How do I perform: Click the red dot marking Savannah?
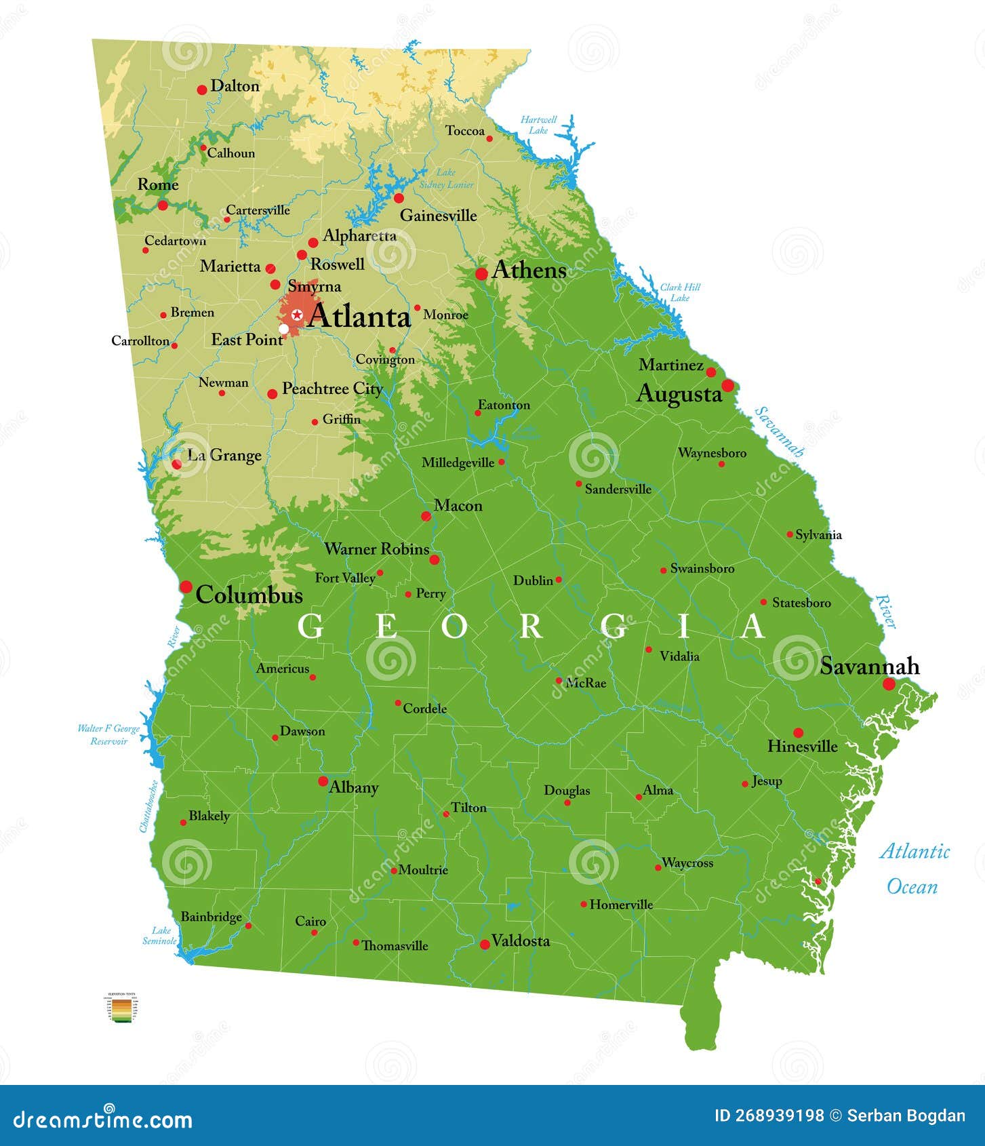tap(889, 684)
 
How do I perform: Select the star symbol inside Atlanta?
tap(297, 315)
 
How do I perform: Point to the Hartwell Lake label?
tap(538, 125)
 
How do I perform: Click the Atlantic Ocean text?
tap(914, 869)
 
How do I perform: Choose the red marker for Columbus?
tap(186, 587)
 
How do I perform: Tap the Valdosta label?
tap(521, 941)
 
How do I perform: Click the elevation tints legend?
tap(123, 1007)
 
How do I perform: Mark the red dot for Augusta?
tap(727, 385)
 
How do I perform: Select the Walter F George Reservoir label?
tap(108, 734)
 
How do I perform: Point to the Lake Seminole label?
tap(160, 935)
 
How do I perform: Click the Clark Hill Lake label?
tap(680, 292)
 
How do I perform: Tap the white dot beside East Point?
tap(283, 329)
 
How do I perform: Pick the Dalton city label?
tap(235, 86)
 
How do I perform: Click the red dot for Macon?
tap(426, 516)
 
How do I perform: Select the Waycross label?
tap(687, 863)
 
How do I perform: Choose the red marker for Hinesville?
tap(798, 732)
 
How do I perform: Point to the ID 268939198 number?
tap(769, 1115)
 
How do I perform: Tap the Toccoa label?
tap(464, 131)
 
